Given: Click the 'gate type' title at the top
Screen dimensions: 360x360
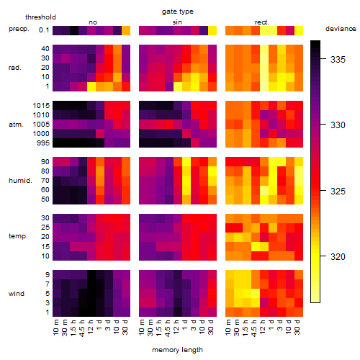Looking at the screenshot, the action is (x=178, y=12).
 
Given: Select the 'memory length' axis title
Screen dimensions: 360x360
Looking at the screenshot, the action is (x=177, y=350).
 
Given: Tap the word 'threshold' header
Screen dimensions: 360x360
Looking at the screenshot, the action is (x=40, y=17).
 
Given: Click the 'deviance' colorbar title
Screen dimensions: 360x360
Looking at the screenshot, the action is (x=341, y=29).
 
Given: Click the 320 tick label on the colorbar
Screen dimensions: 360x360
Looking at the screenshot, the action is (x=338, y=257).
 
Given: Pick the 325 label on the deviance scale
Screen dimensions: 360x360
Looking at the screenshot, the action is (x=338, y=192).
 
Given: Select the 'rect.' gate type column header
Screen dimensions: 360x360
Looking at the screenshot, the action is (x=262, y=22).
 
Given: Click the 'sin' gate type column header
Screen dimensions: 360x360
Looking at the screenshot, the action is (x=177, y=22).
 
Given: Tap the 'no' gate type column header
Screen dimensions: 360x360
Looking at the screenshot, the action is (x=93, y=22).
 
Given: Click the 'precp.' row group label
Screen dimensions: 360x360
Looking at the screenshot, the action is (x=19, y=29).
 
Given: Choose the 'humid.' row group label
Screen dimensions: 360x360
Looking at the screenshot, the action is (x=20, y=181).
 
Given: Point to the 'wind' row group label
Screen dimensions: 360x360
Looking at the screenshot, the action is (x=17, y=294).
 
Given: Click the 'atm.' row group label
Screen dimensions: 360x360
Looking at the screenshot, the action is (x=16, y=125).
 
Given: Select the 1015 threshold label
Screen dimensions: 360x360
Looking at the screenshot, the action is (x=41, y=106).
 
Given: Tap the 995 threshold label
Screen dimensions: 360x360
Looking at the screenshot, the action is (x=43, y=143).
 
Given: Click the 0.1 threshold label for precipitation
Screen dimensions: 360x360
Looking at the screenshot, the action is (x=44, y=30).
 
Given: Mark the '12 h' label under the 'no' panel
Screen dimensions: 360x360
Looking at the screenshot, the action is (x=91, y=327).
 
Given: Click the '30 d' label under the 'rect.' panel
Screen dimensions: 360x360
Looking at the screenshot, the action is (x=297, y=327).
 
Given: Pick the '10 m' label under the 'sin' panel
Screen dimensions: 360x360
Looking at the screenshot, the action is (x=142, y=328).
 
